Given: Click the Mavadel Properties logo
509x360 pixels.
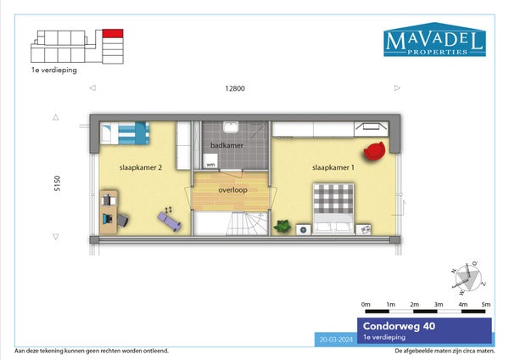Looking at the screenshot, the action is (x=434, y=39).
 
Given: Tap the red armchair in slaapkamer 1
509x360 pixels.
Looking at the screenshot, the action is (x=374, y=151).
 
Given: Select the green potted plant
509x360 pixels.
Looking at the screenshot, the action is (x=282, y=226).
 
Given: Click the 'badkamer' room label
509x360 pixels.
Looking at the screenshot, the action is (x=227, y=145).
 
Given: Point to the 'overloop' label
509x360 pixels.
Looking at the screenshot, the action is (x=232, y=189).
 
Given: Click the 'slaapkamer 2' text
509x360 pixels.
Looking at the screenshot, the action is (x=141, y=167).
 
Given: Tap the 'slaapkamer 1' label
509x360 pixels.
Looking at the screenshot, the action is (x=333, y=167).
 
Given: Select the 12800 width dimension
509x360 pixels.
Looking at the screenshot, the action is (x=235, y=88).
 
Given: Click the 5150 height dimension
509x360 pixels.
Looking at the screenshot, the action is (x=57, y=183).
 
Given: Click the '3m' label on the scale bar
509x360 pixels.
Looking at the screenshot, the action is (x=439, y=305).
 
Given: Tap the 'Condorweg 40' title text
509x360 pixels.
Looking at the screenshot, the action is (x=399, y=326).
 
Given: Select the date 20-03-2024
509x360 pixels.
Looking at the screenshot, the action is (x=336, y=340).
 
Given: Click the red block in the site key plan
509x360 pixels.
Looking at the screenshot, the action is (x=113, y=33).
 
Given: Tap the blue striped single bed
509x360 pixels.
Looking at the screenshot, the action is (x=125, y=133).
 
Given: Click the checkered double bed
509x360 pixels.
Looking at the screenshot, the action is (x=333, y=208).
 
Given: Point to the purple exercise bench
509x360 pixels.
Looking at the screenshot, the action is (x=169, y=222).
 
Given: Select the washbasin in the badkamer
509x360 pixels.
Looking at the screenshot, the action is (x=231, y=127).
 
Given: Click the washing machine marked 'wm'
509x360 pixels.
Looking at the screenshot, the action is (x=210, y=161).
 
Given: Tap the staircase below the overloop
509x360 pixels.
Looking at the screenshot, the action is (x=231, y=223).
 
